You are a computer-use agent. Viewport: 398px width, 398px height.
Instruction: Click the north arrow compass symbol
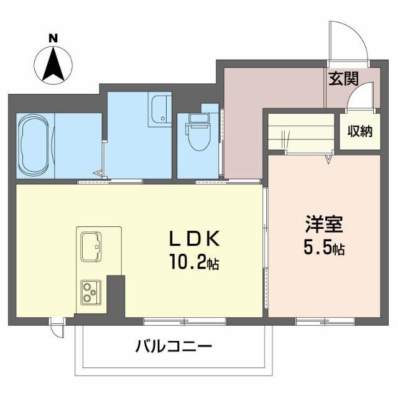[x=53, y=64]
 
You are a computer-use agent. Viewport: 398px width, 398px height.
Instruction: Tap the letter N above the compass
[x=53, y=38]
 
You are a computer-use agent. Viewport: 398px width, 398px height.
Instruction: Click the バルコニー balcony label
[x=174, y=346]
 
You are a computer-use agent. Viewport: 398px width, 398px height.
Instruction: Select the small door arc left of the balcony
[x=57, y=328]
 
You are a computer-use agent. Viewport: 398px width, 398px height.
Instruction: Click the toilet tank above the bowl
[x=198, y=119]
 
